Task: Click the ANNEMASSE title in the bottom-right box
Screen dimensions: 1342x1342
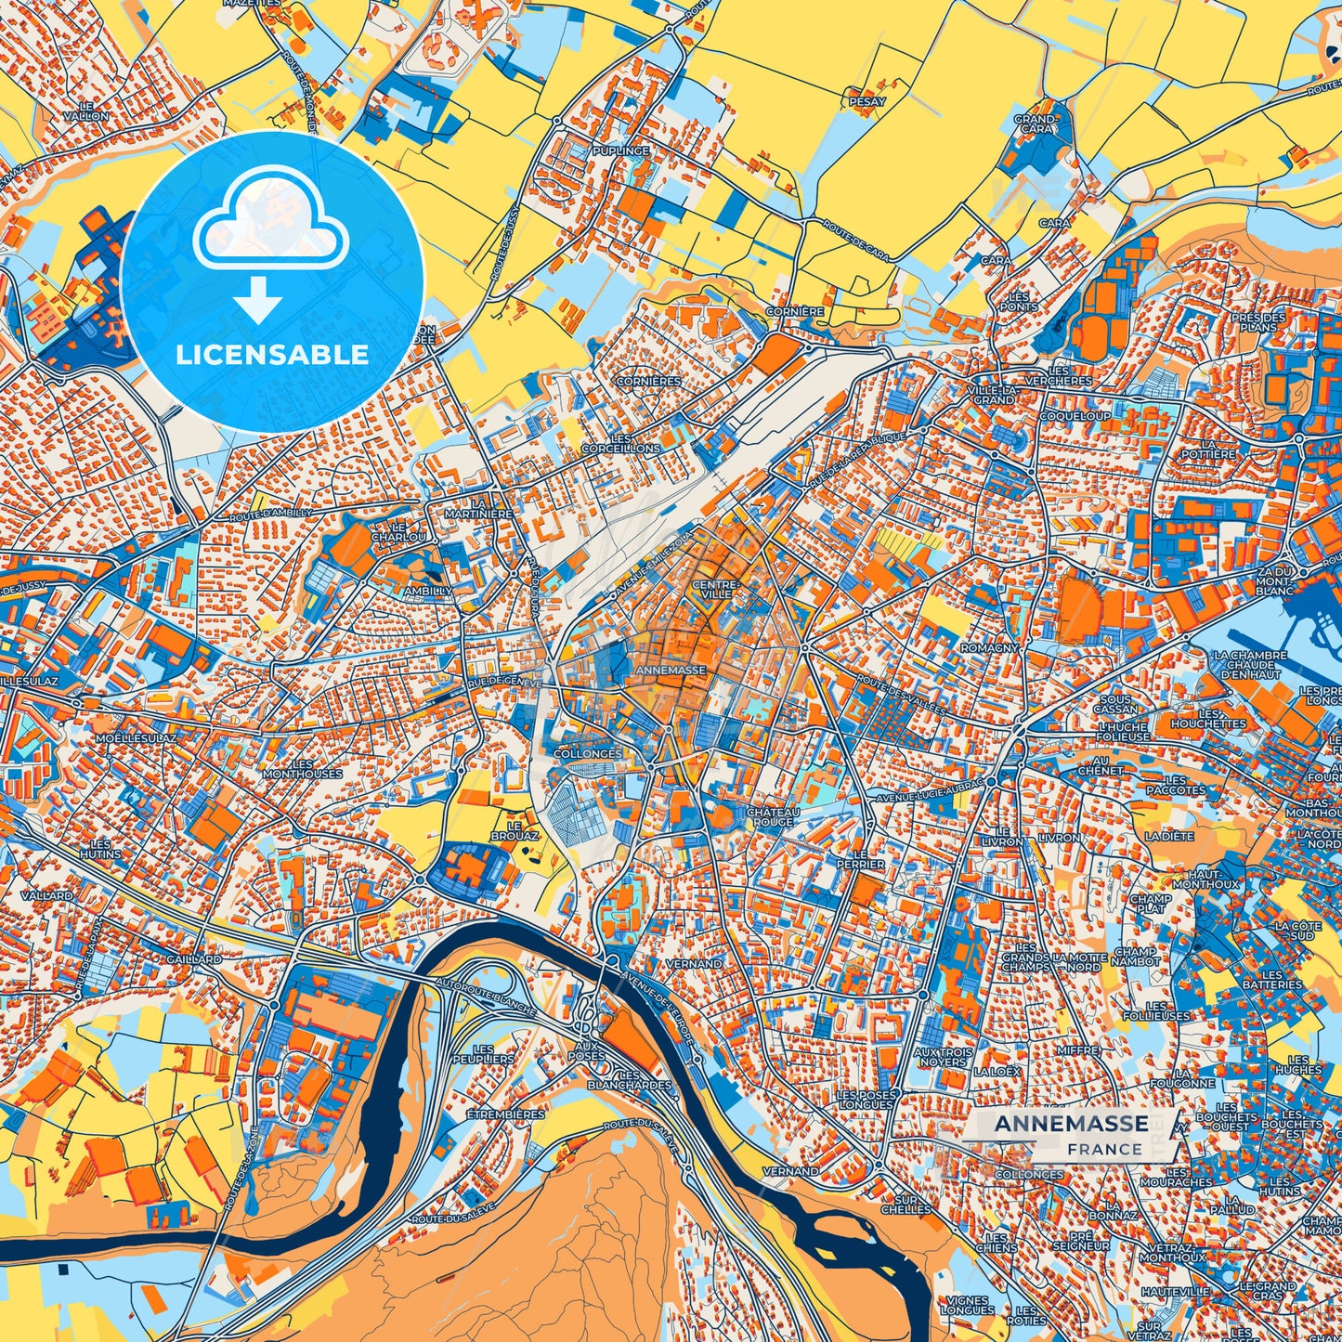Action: pyautogui.click(x=1071, y=1124)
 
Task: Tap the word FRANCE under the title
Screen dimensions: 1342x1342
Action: pyautogui.click(x=1104, y=1149)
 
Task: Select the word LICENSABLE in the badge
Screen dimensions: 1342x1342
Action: pyautogui.click(x=273, y=355)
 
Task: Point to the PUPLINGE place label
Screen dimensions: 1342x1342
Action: pyautogui.click(x=621, y=150)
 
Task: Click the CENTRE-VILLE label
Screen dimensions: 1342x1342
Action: pyautogui.click(x=715, y=588)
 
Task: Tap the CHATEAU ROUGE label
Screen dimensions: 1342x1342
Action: pyautogui.click(x=772, y=816)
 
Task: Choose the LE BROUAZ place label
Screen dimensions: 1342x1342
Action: pyautogui.click(x=522, y=830)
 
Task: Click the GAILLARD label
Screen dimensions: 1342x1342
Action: pyautogui.click(x=195, y=958)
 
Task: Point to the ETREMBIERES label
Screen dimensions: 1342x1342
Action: pyautogui.click(x=505, y=1114)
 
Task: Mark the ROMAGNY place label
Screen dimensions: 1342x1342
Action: pyautogui.click(x=989, y=647)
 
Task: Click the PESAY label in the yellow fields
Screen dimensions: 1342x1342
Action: pyautogui.click(x=867, y=102)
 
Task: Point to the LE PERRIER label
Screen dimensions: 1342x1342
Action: pyautogui.click(x=863, y=858)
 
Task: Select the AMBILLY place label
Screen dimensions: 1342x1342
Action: pyautogui.click(x=428, y=591)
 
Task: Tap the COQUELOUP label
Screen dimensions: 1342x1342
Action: pyautogui.click(x=1075, y=416)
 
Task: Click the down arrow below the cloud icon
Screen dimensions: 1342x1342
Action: pyautogui.click(x=258, y=301)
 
